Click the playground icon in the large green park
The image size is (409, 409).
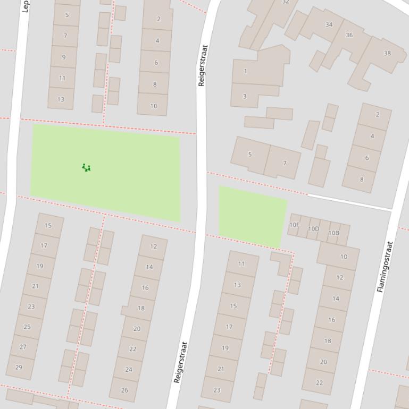click(x=86, y=168)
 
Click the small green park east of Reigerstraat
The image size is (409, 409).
click(x=252, y=216)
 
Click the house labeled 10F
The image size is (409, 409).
click(x=294, y=225)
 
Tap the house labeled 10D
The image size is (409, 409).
click(x=314, y=229)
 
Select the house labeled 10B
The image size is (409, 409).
click(x=333, y=233)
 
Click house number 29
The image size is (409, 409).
click(x=20, y=367)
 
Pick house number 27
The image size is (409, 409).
click(x=23, y=347)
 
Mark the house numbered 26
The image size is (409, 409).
click(x=124, y=390)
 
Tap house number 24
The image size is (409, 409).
click(x=128, y=369)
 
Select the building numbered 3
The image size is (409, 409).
click(x=245, y=96)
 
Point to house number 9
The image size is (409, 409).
click(x=64, y=57)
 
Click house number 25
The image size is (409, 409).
click(x=27, y=327)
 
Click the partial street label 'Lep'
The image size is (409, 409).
click(x=25, y=6)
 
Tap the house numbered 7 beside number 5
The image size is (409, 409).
click(x=284, y=163)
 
